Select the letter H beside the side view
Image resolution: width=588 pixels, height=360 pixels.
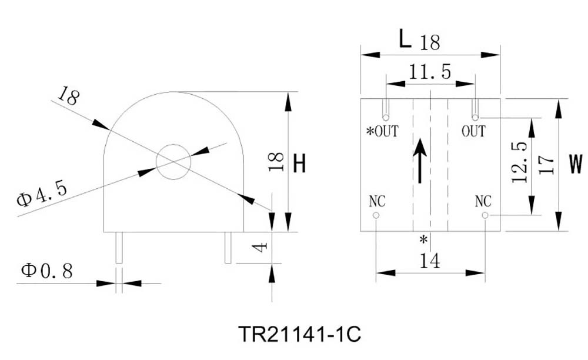(x=299, y=162)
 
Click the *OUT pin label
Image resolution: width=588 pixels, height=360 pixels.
(x=382, y=131)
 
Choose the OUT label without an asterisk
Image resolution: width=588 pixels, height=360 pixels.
(x=473, y=131)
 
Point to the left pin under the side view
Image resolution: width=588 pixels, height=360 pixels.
(x=119, y=248)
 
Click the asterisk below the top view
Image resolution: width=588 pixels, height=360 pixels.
(x=423, y=239)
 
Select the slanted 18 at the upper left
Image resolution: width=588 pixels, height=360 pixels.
(x=69, y=96)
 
